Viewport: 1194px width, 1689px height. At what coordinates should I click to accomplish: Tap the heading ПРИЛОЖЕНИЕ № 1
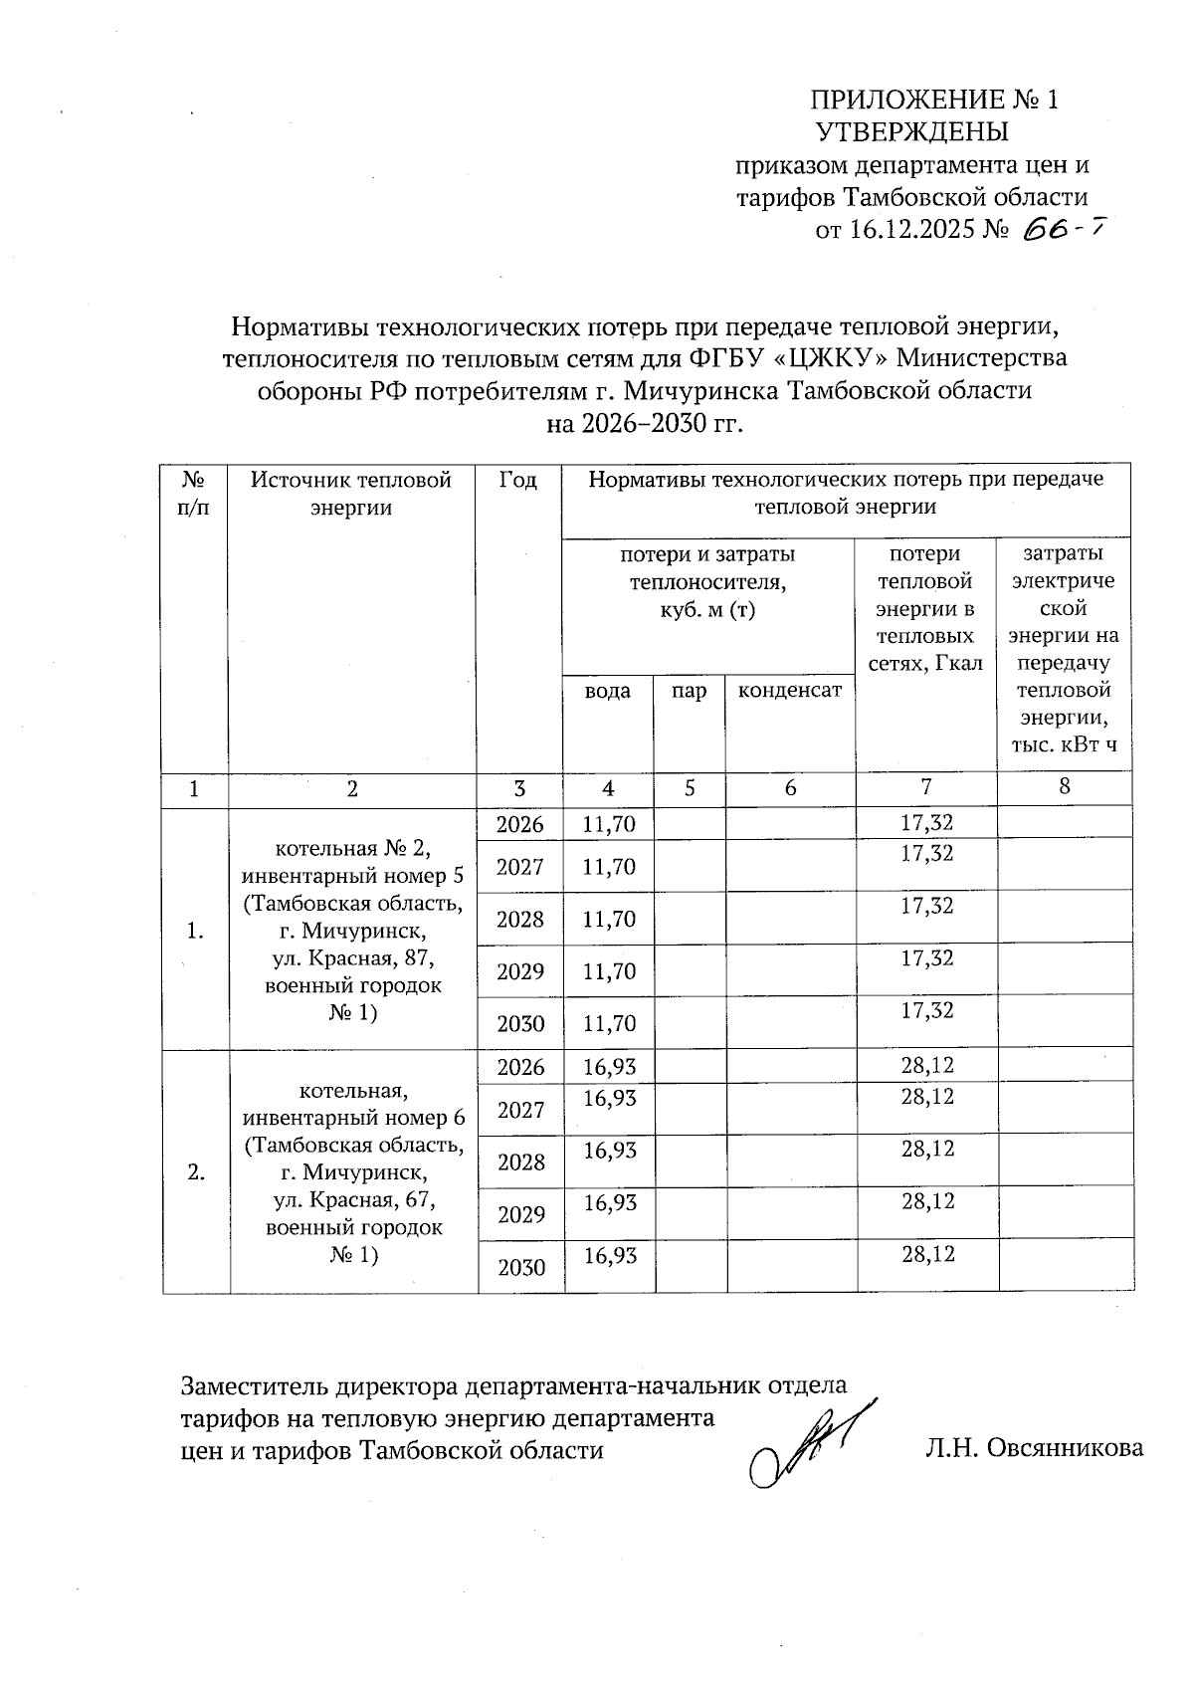[934, 100]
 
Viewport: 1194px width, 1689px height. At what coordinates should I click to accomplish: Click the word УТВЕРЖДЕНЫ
[911, 132]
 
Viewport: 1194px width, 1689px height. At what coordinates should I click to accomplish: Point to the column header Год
[518, 481]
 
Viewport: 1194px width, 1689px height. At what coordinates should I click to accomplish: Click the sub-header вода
[607, 691]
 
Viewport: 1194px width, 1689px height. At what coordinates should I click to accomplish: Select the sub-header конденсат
[789, 691]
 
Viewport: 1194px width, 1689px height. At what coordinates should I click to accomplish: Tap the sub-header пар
[689, 691]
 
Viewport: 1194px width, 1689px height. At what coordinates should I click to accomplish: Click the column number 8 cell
[1064, 786]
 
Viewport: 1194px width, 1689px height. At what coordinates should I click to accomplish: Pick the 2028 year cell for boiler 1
[520, 919]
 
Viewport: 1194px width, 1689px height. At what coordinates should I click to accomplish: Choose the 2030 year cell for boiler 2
[521, 1267]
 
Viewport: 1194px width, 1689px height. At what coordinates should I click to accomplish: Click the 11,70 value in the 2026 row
[609, 823]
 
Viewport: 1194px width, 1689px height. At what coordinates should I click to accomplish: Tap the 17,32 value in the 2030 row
[926, 1010]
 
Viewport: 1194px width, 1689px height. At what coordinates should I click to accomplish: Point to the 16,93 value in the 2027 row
[609, 1097]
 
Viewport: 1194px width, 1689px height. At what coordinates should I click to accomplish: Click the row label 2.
[195, 1172]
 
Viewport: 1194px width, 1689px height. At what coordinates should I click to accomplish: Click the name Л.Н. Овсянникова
[1034, 1448]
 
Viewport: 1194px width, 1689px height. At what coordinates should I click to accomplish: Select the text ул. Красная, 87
[353, 959]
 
